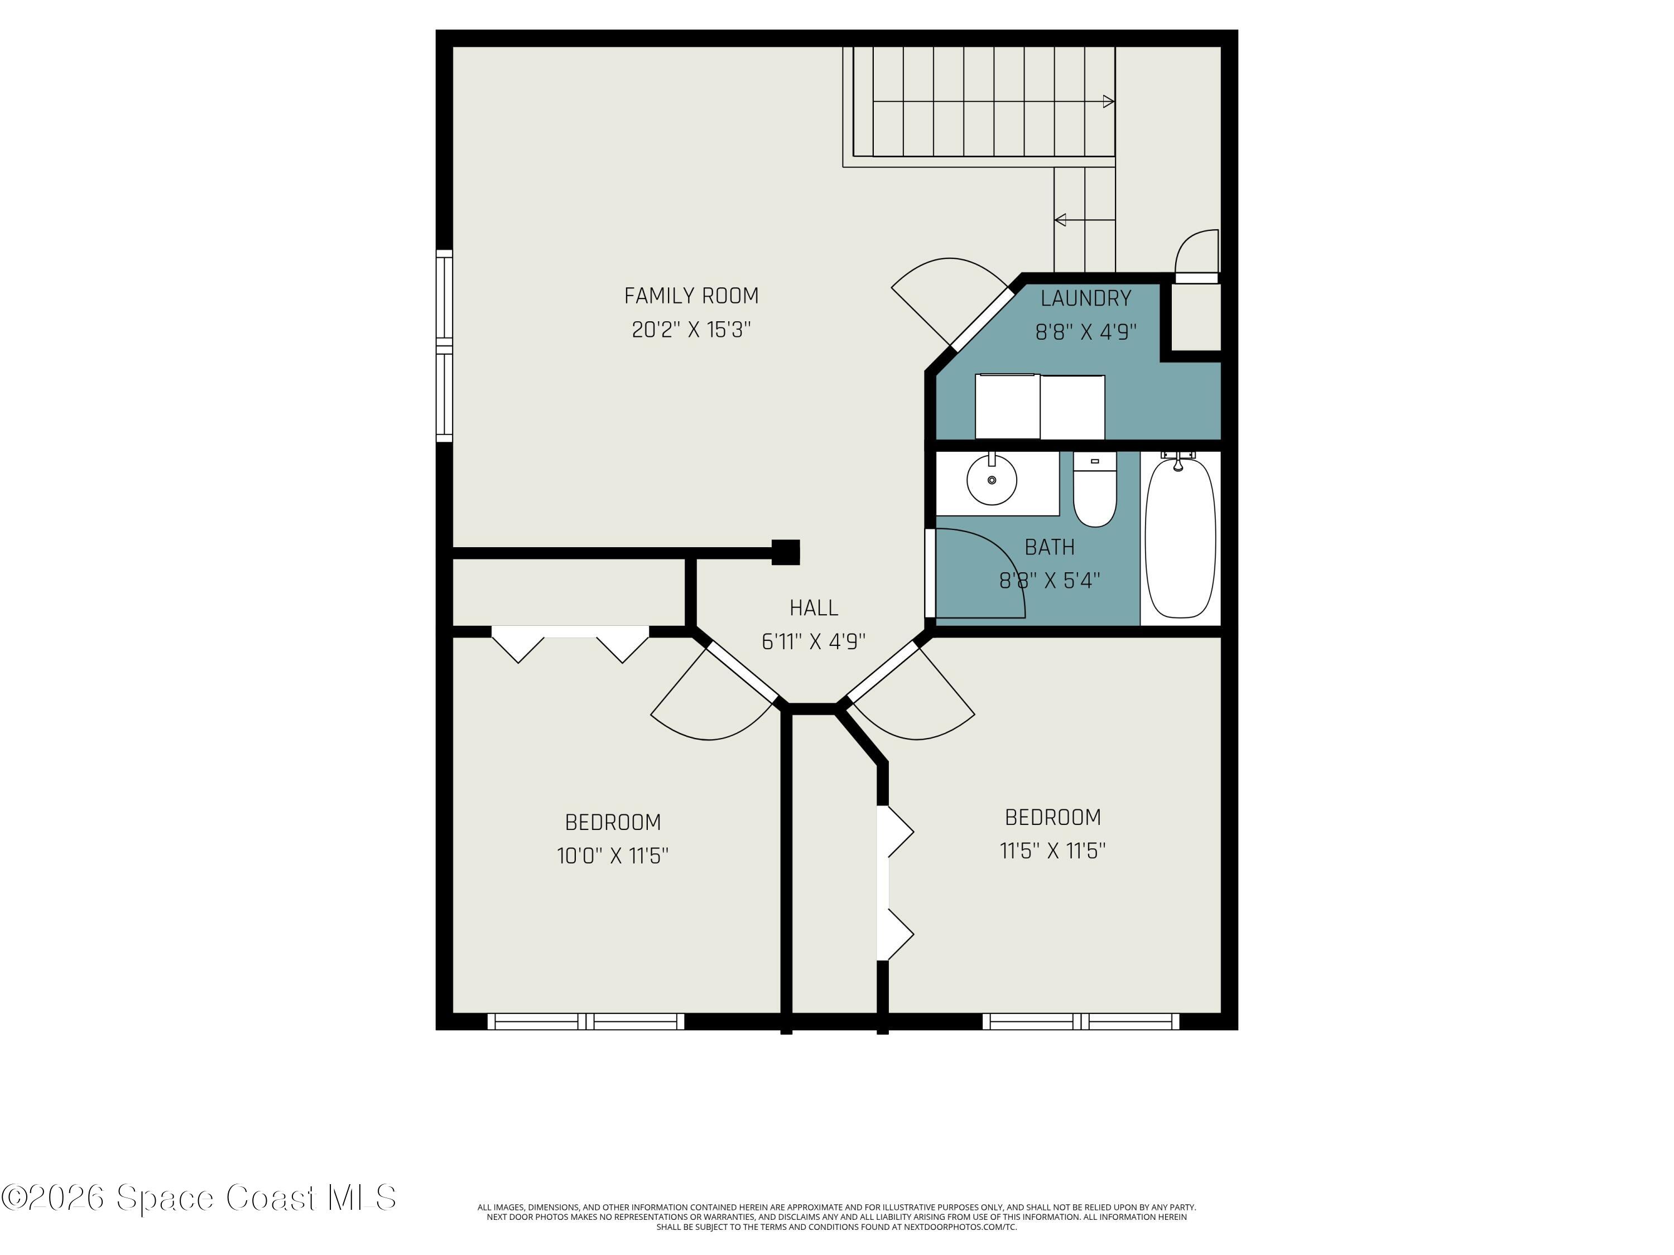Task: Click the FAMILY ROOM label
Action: (x=691, y=296)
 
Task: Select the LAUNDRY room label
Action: (x=1085, y=298)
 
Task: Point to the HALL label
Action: (x=814, y=607)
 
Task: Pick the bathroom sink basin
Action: (x=992, y=480)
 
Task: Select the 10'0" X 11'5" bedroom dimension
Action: (x=612, y=856)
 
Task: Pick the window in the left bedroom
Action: (x=586, y=1021)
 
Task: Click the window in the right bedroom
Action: (x=1081, y=1021)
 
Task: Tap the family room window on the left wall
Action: (x=444, y=346)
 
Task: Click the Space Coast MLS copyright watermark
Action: (x=198, y=1198)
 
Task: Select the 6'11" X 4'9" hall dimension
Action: (x=814, y=641)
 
